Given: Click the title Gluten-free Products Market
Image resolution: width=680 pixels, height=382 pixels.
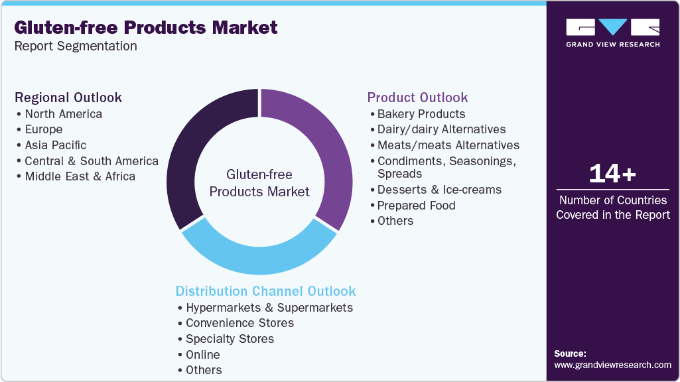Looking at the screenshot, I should point(146,28).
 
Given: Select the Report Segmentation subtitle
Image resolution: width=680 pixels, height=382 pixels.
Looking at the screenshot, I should point(76,46).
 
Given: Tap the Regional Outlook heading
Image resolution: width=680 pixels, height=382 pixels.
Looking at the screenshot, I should point(68,97).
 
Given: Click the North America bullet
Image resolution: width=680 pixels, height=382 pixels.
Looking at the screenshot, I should point(63,114).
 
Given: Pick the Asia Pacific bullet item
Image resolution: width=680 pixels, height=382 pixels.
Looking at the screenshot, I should point(55,145).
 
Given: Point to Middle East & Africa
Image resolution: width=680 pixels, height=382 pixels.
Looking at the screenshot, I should point(80,176).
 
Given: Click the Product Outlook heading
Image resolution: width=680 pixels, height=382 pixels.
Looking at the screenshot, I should point(418,97).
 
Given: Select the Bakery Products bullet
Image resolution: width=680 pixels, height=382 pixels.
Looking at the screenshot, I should point(421,114).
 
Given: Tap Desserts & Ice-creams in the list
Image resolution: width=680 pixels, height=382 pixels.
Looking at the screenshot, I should point(439,190).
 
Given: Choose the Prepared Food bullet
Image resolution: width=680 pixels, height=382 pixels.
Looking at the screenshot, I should point(416,206).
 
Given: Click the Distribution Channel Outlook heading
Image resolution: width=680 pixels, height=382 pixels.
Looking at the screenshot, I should point(265,291).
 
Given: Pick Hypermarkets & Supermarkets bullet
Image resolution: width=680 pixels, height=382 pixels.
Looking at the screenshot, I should point(269,308).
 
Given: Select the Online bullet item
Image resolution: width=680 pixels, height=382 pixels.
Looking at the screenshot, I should point(203,355).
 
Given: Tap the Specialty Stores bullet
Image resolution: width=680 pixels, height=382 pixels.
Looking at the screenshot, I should point(230,339).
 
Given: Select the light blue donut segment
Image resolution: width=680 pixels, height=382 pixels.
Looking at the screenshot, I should point(259,255).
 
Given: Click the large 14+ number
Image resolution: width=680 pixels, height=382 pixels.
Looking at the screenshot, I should point(612,174).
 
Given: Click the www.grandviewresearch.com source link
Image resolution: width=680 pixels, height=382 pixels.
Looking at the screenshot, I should point(612,365).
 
